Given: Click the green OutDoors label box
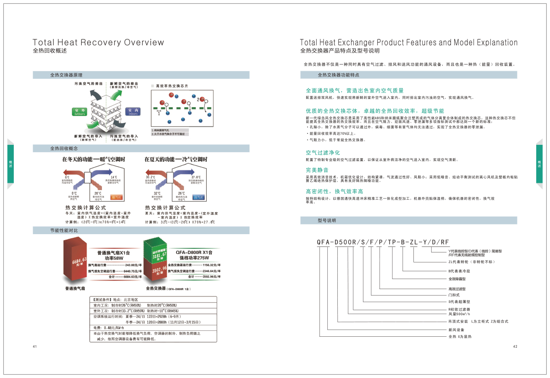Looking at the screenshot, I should (x=79, y=112).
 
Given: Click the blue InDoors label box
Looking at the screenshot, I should (x=133, y=112).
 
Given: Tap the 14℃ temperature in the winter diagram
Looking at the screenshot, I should (x=114, y=177).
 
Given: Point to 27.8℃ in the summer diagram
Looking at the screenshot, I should (x=196, y=177).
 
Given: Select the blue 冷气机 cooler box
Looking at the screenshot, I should (x=198, y=197).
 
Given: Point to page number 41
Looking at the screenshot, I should (x=34, y=346).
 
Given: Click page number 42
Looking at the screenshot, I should (x=515, y=346).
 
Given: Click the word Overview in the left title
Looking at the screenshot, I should (x=143, y=43).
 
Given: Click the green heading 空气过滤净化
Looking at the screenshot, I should (x=323, y=152).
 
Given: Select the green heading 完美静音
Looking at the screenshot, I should (x=317, y=170).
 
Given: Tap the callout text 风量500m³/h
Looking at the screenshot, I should (x=460, y=314).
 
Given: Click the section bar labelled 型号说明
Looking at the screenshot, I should (x=327, y=220).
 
